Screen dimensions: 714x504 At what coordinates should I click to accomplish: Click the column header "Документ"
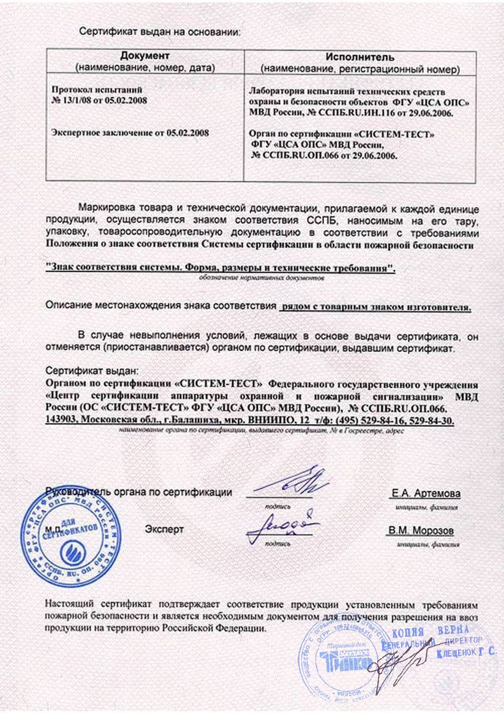(145, 56)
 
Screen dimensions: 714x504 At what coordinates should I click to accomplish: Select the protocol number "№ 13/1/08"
(73, 100)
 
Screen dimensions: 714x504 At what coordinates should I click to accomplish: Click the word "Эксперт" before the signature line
(164, 528)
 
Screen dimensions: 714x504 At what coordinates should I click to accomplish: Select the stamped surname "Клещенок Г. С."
(465, 654)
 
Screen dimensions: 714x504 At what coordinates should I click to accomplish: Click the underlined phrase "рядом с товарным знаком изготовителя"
(375, 308)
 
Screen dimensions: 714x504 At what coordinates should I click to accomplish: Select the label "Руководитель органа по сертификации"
(140, 492)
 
